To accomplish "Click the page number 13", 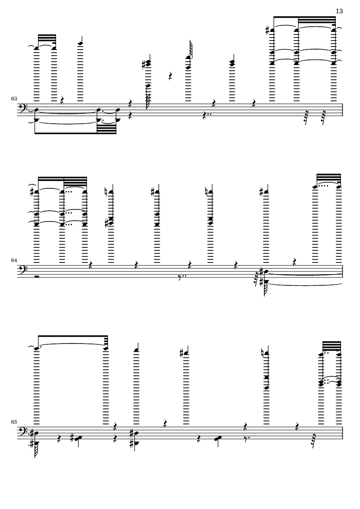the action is pyautogui.click(x=339, y=11).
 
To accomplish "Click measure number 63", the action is pyautogui.click(x=14, y=98).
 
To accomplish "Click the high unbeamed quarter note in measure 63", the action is pyautogui.click(x=81, y=44).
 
